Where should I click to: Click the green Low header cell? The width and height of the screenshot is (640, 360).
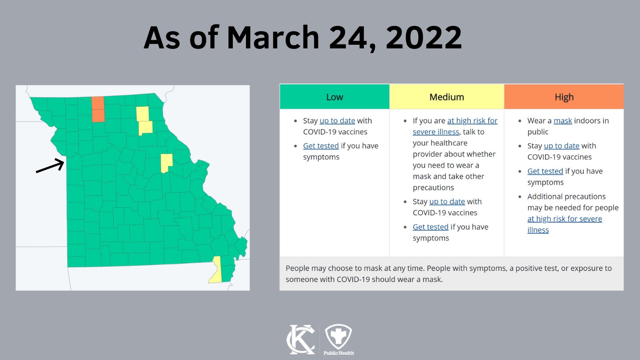[x=334, y=97]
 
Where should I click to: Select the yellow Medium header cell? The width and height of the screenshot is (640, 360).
[x=446, y=97]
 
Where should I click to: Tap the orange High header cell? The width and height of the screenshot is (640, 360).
[x=564, y=97]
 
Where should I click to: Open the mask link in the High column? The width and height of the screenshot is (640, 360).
[x=562, y=121]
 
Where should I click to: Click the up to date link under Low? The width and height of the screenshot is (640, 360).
[x=337, y=121]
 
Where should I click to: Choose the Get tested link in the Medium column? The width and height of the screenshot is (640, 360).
[x=430, y=227]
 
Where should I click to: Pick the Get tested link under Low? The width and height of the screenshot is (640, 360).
[x=321, y=146]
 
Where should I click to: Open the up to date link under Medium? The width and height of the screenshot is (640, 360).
[x=447, y=202]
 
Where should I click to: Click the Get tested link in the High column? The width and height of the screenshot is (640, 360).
[x=545, y=171]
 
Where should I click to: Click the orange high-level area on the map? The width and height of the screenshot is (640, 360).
[x=98, y=109]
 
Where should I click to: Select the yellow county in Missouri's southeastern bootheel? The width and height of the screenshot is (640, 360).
[x=216, y=270]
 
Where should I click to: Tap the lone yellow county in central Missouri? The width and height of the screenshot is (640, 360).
[x=166, y=163]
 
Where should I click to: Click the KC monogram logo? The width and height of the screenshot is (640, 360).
[x=301, y=339]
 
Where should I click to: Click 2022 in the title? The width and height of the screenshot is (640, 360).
[x=424, y=38]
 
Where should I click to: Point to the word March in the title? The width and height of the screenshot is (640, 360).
[x=273, y=38]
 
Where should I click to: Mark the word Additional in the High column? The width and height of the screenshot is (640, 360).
[x=546, y=196]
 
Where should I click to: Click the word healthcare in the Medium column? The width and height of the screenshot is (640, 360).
[x=440, y=143]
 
